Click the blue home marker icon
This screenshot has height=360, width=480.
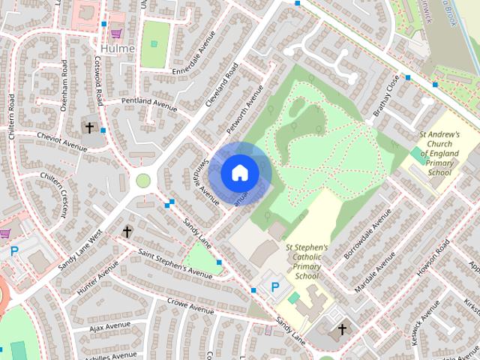pyautogui.click(x=239, y=172)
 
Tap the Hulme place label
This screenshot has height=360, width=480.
pyautogui.click(x=116, y=49)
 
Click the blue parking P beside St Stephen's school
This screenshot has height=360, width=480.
pyautogui.click(x=274, y=286)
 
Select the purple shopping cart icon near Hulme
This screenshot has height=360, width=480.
pyautogui.click(x=116, y=33)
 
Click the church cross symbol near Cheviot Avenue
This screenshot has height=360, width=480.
pyautogui.click(x=90, y=128)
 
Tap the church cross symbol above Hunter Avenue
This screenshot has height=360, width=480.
pyautogui.click(x=127, y=232)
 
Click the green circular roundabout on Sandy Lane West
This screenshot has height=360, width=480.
pyautogui.click(x=142, y=180)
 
